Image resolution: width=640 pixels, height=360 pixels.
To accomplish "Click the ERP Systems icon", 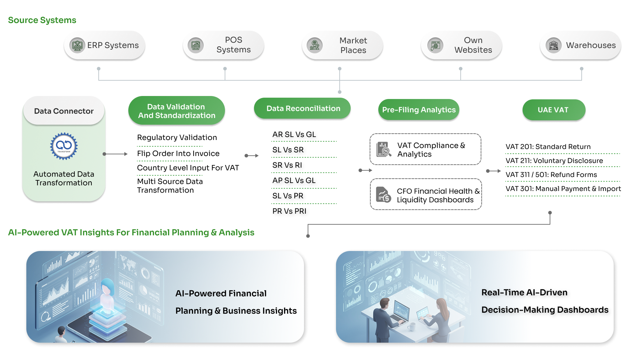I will point(77,45).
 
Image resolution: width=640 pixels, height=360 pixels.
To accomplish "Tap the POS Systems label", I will point(233,45).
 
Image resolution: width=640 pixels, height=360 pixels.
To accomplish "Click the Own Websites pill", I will point(461,45).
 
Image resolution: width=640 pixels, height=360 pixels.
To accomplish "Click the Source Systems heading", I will point(42,20).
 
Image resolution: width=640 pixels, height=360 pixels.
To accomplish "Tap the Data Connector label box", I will point(64,111).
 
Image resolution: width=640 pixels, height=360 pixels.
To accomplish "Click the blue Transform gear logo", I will point(64,146).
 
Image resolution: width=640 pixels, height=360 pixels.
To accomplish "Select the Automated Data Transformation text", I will point(64,178).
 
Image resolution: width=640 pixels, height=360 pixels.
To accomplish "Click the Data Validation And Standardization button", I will point(176,111).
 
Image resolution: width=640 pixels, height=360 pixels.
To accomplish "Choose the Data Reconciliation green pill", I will point(303,108).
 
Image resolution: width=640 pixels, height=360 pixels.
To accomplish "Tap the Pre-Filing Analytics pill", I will point(419,110).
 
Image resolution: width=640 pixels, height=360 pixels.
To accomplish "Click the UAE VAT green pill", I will point(553,110).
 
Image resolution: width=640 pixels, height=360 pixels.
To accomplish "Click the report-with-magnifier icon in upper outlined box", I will point(384,149).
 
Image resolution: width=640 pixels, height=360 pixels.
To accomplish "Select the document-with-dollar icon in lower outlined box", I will point(383,194).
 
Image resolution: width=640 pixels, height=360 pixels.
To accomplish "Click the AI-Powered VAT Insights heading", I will point(131,232).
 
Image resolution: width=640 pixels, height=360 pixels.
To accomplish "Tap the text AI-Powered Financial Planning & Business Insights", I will point(235,302).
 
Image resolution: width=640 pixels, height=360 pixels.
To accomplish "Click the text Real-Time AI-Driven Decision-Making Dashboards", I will point(544,301).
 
